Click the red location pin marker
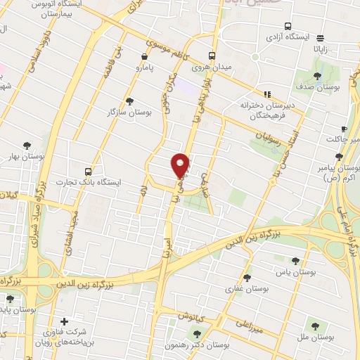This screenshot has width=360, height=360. point(181,165)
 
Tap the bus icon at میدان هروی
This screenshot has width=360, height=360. point(213,56)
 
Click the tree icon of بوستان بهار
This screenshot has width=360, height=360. point(27,146)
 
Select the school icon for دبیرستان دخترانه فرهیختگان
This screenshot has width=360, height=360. point(267,94)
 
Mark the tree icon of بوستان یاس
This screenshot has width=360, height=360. point(295,260)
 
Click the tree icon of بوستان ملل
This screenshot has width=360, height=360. point(314,326)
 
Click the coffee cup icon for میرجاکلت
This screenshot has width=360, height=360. point(344,129)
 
